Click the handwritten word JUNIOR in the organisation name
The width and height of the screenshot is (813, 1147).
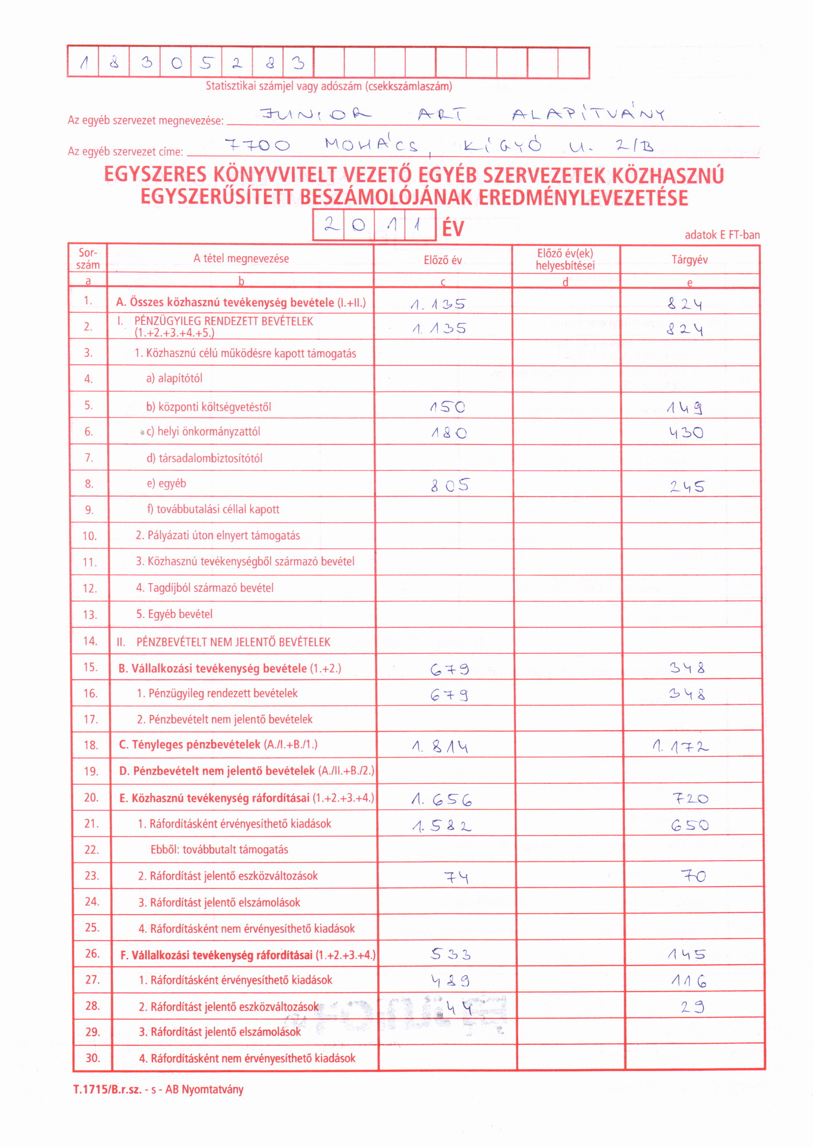click(315, 114)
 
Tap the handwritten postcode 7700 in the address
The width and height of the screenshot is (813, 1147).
click(257, 145)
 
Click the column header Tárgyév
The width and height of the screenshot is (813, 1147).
click(690, 260)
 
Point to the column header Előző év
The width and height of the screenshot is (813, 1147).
click(443, 260)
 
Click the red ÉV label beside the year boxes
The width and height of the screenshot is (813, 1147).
click(453, 229)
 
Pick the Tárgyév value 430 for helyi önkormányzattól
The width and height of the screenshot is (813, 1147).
click(686, 433)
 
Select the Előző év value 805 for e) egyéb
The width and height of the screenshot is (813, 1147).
click(450, 486)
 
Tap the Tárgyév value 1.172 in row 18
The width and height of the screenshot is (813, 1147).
click(681, 746)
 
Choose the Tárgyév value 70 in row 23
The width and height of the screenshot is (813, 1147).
click(693, 876)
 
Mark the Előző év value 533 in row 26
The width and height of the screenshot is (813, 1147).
click(451, 954)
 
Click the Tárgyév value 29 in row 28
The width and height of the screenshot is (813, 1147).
click(693, 1007)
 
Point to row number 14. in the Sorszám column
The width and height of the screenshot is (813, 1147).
click(90, 641)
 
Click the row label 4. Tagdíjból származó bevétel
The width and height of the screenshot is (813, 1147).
click(205, 588)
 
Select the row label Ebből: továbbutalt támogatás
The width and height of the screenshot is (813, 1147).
click(219, 849)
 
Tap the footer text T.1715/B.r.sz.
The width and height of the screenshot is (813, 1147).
click(107, 1090)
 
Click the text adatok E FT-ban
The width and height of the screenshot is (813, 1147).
click(722, 235)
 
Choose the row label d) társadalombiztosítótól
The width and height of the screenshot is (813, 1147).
click(204, 458)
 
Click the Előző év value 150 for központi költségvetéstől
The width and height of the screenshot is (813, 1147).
click(448, 407)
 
